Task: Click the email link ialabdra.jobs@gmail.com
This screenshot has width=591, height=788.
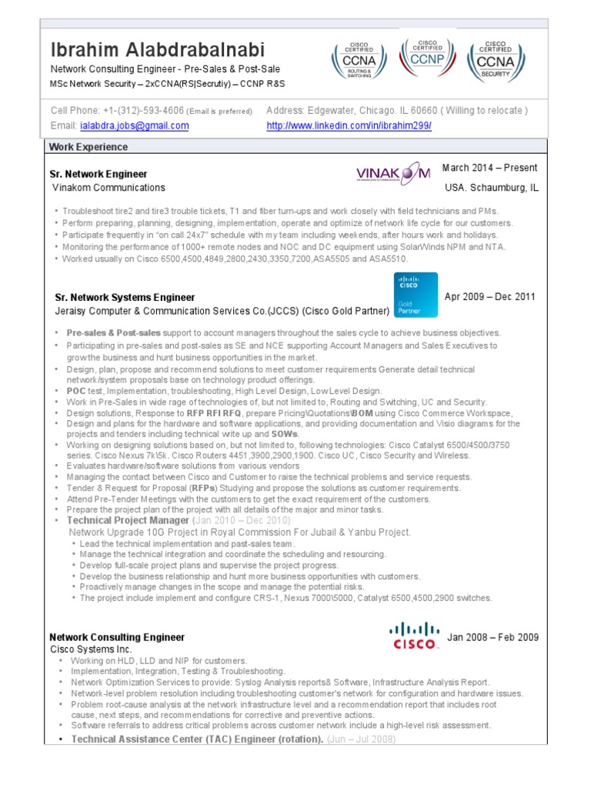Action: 134,125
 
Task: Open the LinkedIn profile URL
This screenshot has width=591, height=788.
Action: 349,125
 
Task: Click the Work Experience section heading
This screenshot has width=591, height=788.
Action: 88,147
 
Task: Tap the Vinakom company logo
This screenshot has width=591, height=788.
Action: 393,175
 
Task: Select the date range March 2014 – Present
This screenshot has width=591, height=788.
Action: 489,168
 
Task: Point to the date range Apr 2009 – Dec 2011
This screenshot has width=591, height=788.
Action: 490,297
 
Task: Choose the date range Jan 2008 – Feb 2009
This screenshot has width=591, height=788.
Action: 492,638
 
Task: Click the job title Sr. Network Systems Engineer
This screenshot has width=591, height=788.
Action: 125,297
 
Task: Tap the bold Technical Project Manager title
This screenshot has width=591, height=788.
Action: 128,521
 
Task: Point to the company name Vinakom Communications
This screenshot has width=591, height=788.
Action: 109,188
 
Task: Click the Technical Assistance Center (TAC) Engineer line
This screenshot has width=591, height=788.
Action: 197,740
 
